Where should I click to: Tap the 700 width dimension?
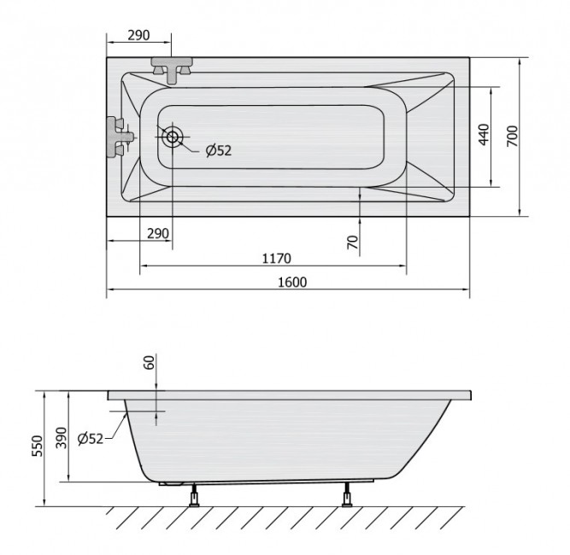(512, 137)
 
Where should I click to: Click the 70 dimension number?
(353, 242)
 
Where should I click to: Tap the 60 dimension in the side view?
(150, 363)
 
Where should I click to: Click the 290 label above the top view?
(138, 35)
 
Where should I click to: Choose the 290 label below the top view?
(157, 234)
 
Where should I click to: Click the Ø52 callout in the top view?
(218, 151)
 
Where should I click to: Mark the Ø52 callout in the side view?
(90, 438)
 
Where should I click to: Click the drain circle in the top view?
(173, 137)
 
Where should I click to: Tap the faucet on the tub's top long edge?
(174, 68)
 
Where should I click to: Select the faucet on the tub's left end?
(119, 136)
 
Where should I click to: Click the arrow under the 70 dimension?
(360, 196)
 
